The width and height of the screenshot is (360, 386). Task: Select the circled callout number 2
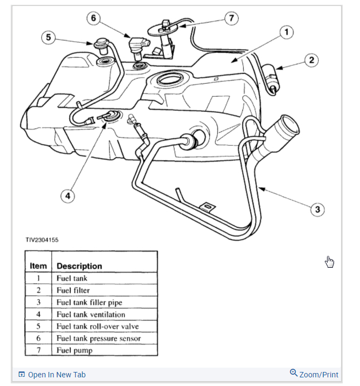(310, 60)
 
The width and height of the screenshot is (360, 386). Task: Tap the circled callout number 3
(318, 209)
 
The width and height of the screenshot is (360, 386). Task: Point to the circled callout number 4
(68, 196)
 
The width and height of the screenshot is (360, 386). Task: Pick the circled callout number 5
(49, 37)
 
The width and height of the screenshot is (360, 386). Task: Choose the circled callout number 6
(94, 18)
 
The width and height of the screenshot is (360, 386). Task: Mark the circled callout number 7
(231, 18)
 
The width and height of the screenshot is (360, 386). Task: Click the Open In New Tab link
(56, 375)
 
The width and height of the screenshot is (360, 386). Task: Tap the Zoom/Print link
(318, 374)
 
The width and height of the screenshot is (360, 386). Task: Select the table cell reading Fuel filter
(74, 290)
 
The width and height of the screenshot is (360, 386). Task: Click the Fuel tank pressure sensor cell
(98, 338)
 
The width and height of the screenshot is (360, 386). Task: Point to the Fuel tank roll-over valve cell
(97, 326)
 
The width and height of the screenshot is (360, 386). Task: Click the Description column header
(79, 266)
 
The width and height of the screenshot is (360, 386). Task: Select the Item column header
(38, 266)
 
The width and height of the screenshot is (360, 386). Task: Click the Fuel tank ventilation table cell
(91, 314)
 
